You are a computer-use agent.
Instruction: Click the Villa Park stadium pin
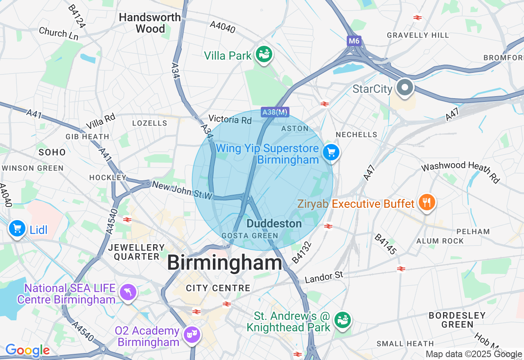click(264, 54)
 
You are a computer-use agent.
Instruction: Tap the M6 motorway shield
click(354, 41)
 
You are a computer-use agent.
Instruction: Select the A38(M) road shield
click(275, 112)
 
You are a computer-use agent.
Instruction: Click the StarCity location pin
click(404, 88)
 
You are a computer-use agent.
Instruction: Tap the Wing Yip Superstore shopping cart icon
click(331, 153)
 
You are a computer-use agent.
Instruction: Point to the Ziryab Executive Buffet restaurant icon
click(427, 202)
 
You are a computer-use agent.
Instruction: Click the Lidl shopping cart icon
click(17, 229)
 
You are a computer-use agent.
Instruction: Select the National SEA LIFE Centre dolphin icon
click(128, 292)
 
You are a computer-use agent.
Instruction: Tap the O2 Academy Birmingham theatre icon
click(191, 334)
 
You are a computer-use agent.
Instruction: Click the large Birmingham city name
click(224, 262)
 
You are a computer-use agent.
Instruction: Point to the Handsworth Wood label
click(150, 23)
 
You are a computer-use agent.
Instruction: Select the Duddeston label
click(274, 224)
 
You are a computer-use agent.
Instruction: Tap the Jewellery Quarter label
click(137, 252)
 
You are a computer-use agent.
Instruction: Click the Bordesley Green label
click(457, 320)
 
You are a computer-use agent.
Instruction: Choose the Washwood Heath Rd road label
click(461, 171)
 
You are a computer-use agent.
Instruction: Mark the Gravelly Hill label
click(418, 35)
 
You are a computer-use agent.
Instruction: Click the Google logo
click(27, 350)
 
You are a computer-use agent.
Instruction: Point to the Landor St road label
click(324, 277)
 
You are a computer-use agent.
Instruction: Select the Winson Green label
click(33, 168)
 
